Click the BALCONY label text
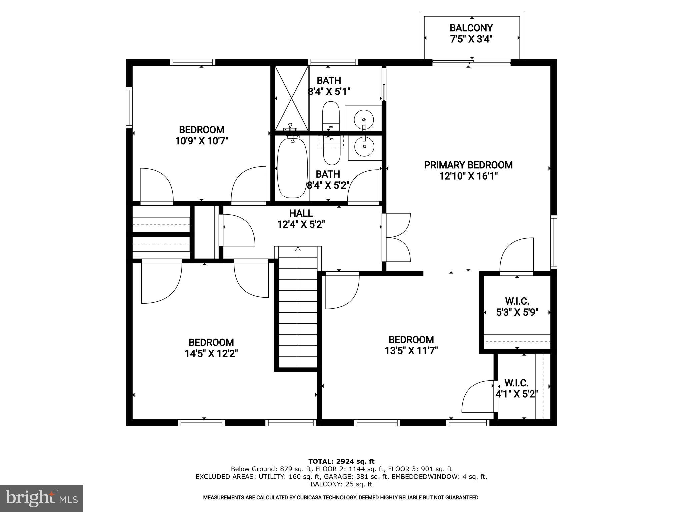pyautogui.click(x=471, y=28)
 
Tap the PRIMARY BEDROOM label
pyautogui.click(x=468, y=165)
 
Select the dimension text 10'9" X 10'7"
pyautogui.click(x=201, y=141)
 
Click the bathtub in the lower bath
pyautogui.click(x=292, y=168)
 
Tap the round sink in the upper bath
pyautogui.click(x=363, y=119)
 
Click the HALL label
pyautogui.click(x=301, y=213)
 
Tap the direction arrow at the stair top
pyautogui.click(x=298, y=249)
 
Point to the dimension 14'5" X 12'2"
pyautogui.click(x=211, y=354)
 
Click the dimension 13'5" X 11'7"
pyautogui.click(x=411, y=351)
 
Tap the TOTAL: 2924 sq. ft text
pyautogui.click(x=341, y=461)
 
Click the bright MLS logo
pyautogui.click(x=42, y=498)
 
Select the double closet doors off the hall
pyautogui.click(x=397, y=237)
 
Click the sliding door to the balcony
pyautogui.click(x=471, y=62)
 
